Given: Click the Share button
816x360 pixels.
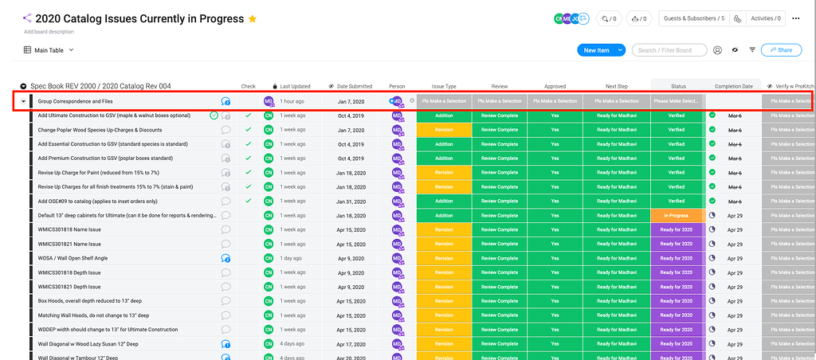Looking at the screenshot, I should [x=781, y=50].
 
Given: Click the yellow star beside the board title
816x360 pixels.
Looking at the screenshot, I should [x=253, y=18].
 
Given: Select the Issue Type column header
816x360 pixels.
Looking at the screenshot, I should [x=444, y=86].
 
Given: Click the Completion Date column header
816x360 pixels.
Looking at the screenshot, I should [x=733, y=86].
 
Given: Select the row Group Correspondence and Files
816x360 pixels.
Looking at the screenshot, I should [x=76, y=101].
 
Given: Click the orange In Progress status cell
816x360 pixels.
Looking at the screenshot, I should [x=676, y=216].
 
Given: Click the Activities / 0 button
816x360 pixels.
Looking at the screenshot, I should [x=765, y=18].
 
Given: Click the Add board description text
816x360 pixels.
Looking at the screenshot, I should [x=49, y=32].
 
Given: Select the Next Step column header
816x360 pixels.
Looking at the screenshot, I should [x=616, y=86].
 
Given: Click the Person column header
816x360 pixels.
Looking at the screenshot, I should [x=397, y=86].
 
